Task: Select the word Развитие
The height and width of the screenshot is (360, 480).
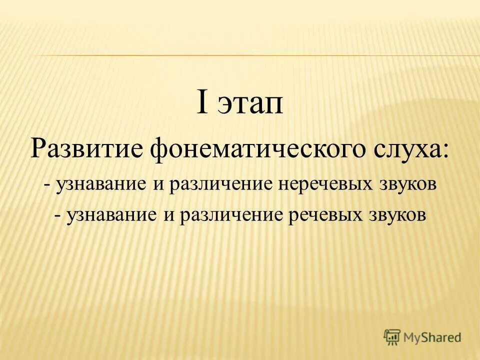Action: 86,148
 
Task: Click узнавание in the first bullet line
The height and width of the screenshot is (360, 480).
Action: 102,185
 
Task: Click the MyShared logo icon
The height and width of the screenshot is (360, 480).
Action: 392,337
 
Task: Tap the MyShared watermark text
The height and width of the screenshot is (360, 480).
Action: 432,337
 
